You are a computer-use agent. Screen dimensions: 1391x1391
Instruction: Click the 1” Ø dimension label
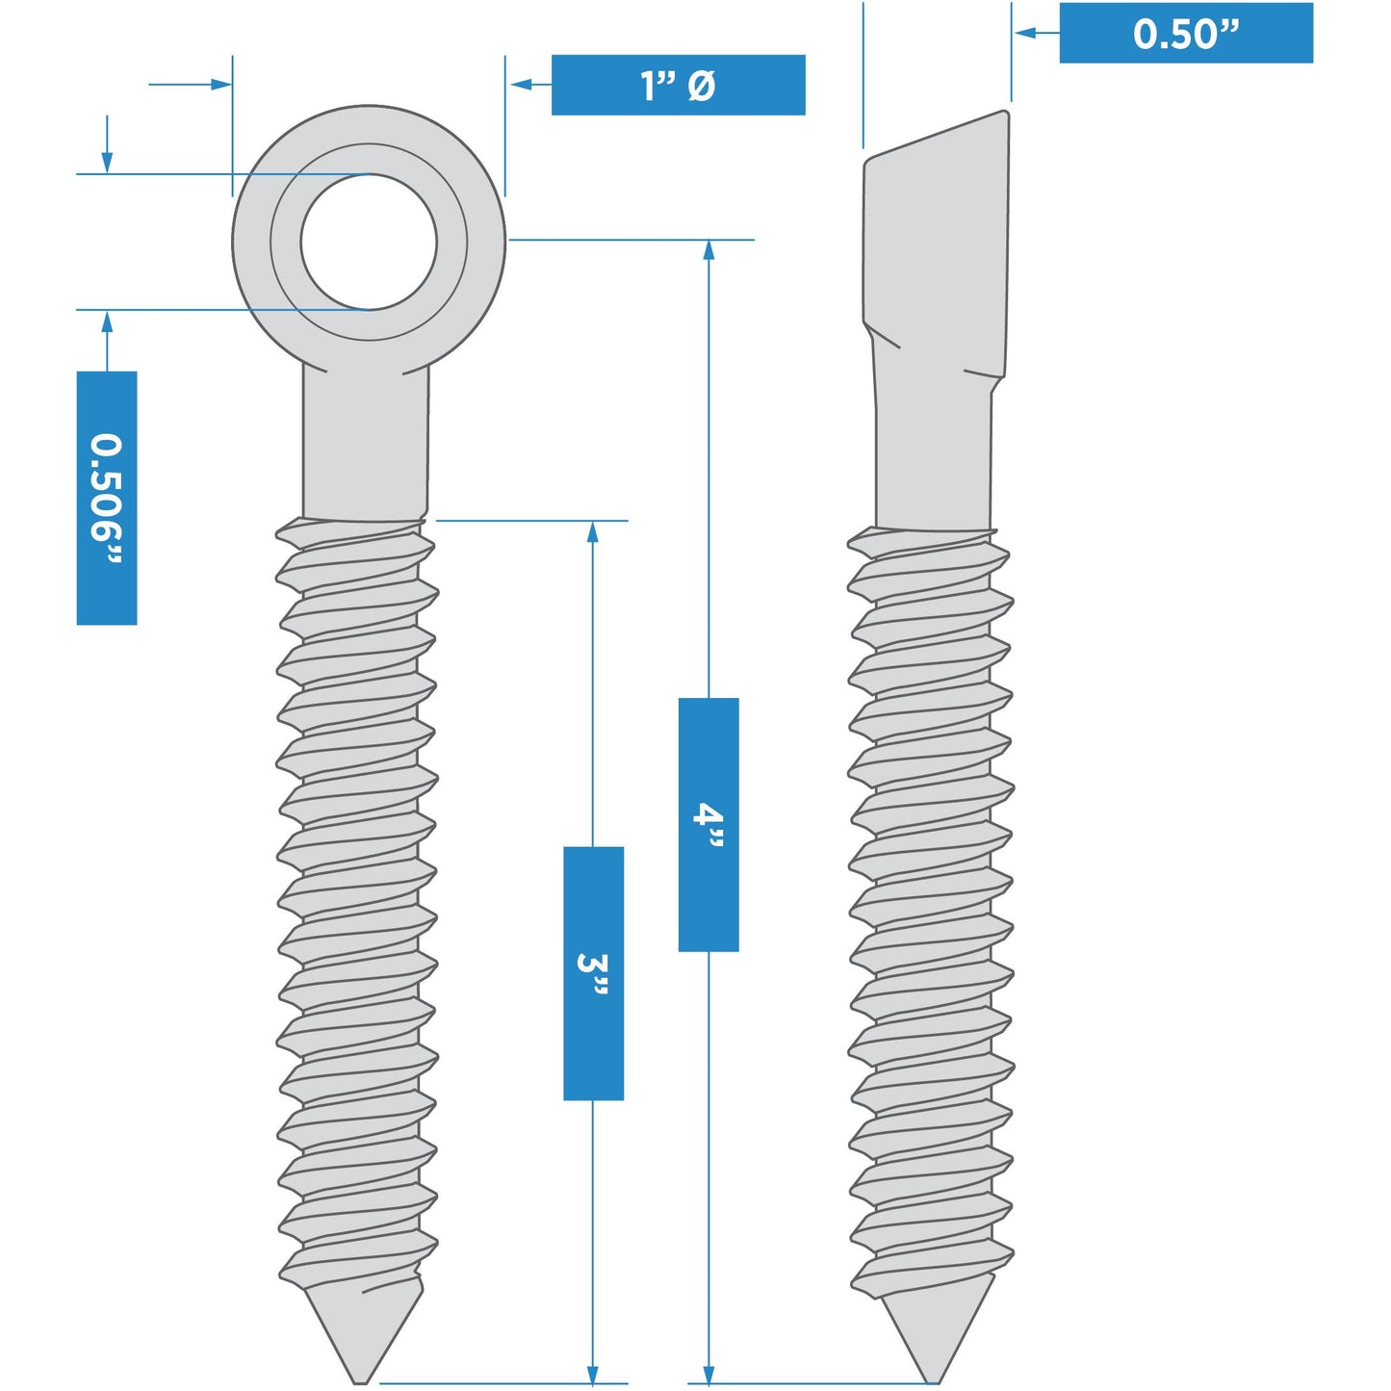[678, 85]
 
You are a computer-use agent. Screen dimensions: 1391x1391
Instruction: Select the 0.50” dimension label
[1185, 33]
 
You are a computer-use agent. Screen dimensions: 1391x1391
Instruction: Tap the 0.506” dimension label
[106, 498]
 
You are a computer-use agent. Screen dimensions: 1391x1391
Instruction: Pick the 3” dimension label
[593, 973]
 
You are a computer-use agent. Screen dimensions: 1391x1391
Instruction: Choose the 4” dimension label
[708, 825]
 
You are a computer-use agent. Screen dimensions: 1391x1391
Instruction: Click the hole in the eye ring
[369, 243]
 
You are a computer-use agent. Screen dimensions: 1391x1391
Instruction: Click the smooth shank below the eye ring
[366, 448]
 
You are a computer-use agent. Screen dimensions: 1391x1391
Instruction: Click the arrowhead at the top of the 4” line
[708, 249]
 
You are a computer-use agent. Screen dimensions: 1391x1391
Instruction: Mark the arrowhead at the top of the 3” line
[593, 531]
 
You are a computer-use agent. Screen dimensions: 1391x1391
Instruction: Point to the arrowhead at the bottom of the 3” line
[593, 1375]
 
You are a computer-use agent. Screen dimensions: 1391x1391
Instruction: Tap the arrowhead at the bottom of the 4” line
[708, 1375]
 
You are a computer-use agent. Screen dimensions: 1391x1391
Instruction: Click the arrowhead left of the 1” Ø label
[521, 85]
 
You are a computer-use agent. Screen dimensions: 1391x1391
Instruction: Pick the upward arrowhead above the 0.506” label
[107, 322]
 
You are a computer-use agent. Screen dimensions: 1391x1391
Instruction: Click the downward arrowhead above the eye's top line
[107, 163]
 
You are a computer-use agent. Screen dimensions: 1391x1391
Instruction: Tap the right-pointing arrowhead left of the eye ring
[221, 85]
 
